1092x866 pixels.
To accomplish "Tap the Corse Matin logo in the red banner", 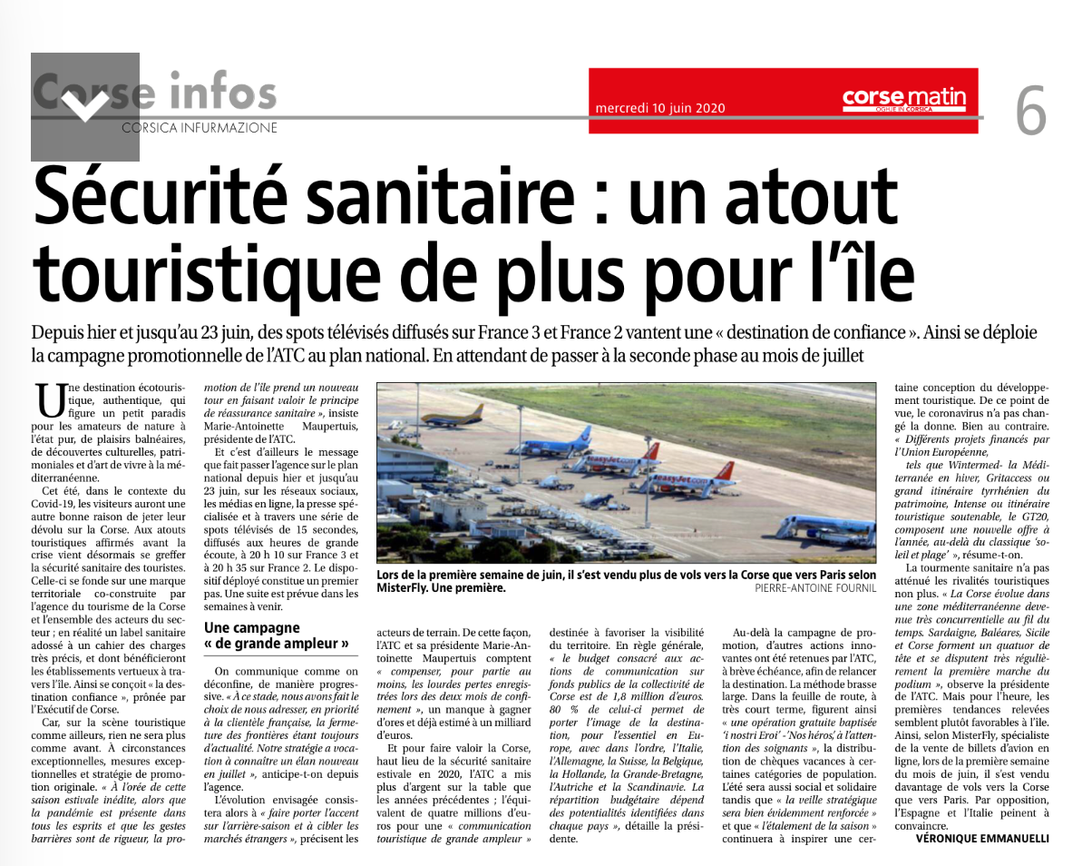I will click(903, 98).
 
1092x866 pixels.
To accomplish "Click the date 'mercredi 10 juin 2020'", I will click(660, 107).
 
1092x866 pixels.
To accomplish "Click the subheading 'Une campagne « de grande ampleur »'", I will click(277, 635).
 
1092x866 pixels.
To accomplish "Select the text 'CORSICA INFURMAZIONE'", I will click(200, 129).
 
